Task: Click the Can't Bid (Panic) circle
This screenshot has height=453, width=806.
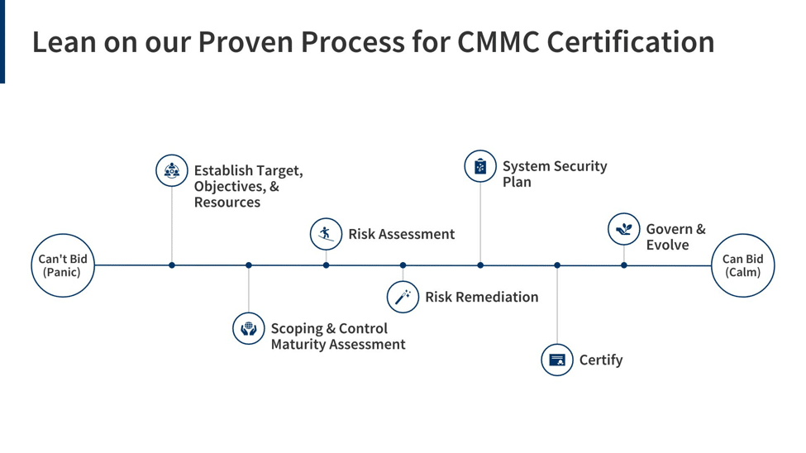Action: pyautogui.click(x=63, y=265)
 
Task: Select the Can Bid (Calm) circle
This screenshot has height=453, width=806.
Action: pyautogui.click(x=742, y=265)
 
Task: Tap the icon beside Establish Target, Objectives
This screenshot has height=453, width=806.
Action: pyautogui.click(x=172, y=170)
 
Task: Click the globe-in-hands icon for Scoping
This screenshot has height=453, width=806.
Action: pyautogui.click(x=248, y=328)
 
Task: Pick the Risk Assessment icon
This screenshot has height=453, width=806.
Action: pyautogui.click(x=326, y=234)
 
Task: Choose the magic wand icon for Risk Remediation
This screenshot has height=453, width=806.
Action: pyautogui.click(x=403, y=297)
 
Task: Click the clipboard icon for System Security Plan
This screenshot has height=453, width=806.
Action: pyautogui.click(x=480, y=167)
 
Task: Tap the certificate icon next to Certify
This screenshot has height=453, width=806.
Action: pyautogui.click(x=557, y=360)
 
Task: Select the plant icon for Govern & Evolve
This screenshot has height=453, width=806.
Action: pyautogui.click(x=623, y=229)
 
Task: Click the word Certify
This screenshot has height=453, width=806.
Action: pyautogui.click(x=601, y=360)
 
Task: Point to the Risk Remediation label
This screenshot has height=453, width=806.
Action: pyautogui.click(x=481, y=297)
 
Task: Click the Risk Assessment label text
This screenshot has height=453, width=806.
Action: pyautogui.click(x=401, y=234)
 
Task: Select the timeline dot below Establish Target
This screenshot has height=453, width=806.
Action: pyautogui.click(x=172, y=265)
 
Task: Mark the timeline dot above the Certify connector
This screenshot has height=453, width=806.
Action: pyautogui.click(x=557, y=265)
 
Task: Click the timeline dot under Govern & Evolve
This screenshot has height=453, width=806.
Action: pyautogui.click(x=624, y=265)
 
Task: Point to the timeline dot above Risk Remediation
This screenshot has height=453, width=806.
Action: pyautogui.click(x=403, y=265)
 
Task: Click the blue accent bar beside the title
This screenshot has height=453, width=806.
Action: pyautogui.click(x=2, y=41)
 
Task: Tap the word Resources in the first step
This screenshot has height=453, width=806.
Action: pyautogui.click(x=227, y=203)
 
